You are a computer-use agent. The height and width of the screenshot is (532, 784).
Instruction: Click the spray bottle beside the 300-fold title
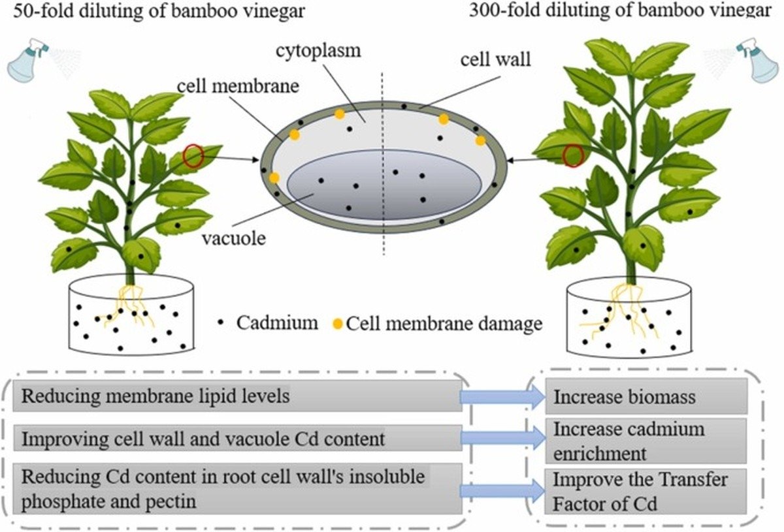tap(757, 59)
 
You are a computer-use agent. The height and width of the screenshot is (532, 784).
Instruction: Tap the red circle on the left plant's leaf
tap(193, 156)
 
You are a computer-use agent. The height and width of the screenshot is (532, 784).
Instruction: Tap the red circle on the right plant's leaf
tap(573, 155)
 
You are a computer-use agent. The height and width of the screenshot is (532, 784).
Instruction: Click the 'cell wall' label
tap(495, 61)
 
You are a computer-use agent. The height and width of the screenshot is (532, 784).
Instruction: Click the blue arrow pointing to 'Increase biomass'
tap(502, 397)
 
